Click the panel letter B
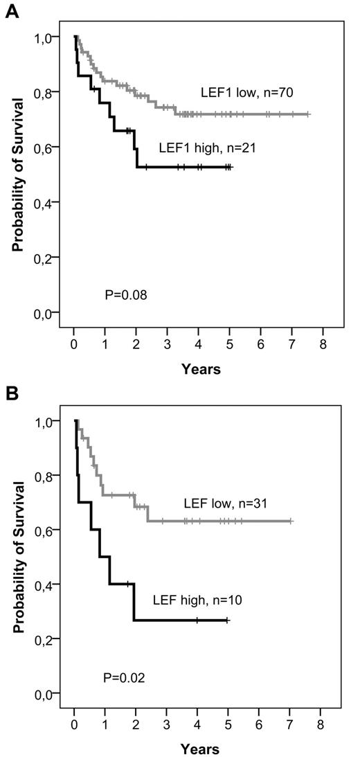tap(10, 394)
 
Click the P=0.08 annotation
tap(125, 295)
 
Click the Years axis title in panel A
tap(201, 369)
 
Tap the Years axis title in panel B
tap(201, 749)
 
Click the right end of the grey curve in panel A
tap(309, 114)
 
